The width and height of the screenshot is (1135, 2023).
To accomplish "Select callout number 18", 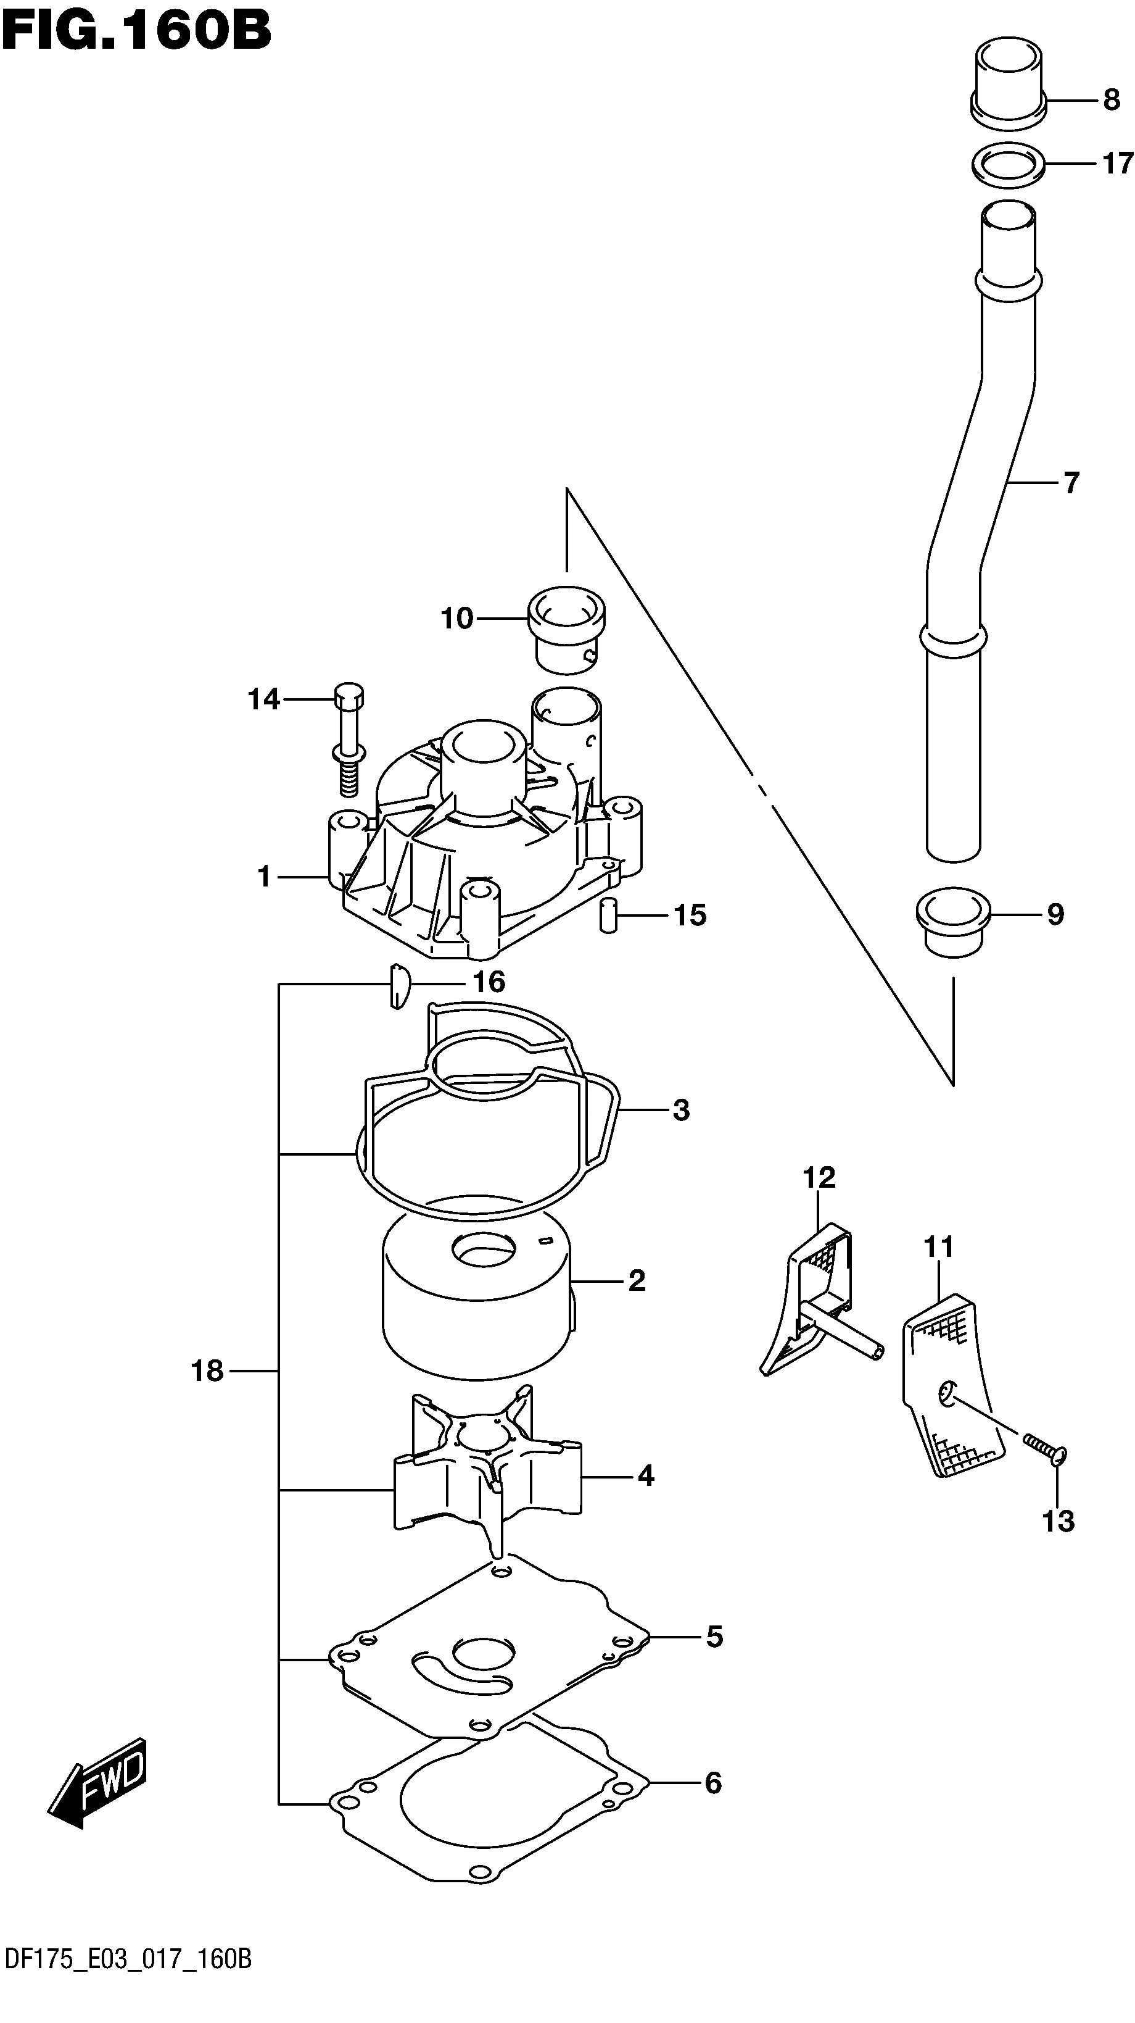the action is point(208,1371).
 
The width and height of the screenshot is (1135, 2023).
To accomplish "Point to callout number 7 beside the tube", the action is point(1072,482).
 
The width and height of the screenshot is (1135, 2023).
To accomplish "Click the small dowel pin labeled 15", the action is point(608,916).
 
